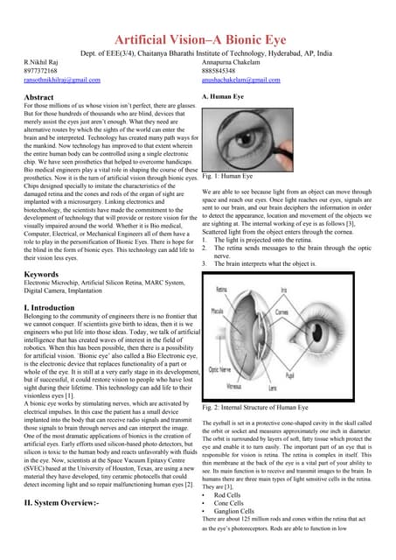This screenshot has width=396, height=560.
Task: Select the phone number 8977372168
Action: pyautogui.click(x=42, y=70)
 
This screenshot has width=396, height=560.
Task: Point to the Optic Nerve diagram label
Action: pyautogui.click(x=218, y=370)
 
